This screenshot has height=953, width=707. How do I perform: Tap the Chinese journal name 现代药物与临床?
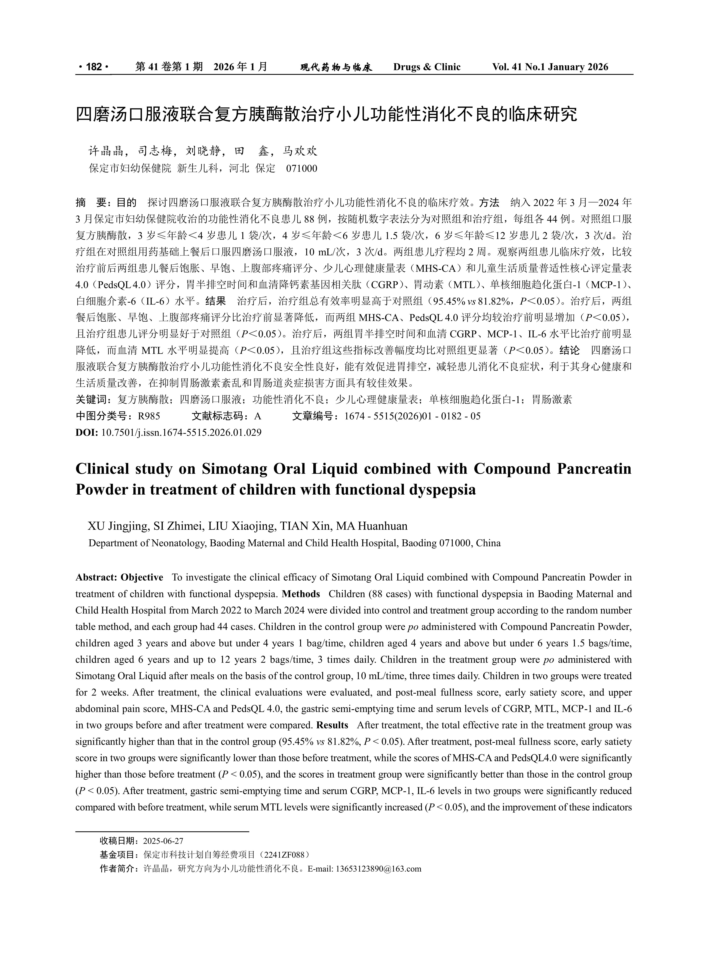tap(336, 67)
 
